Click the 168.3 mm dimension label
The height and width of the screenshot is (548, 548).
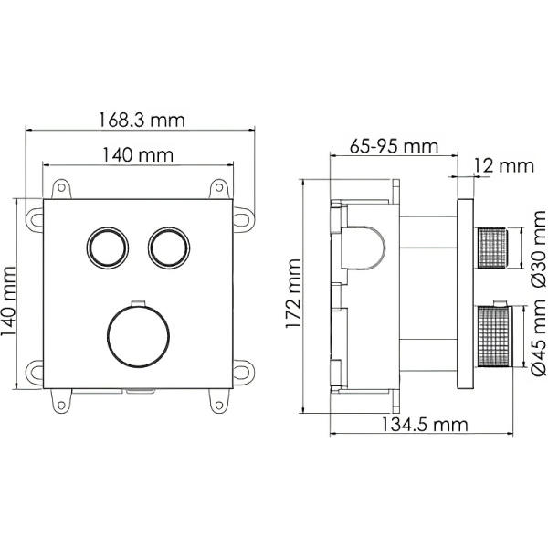pyautogui.click(x=142, y=120)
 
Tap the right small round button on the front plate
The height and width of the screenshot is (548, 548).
pyautogui.click(x=167, y=247)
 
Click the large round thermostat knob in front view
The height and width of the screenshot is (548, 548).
pyautogui.click(x=137, y=335)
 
